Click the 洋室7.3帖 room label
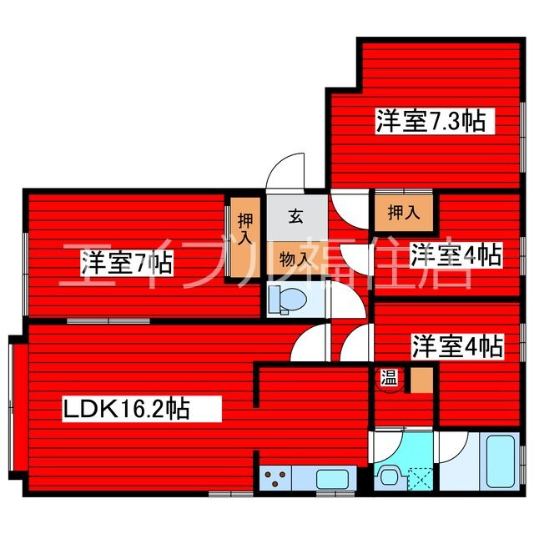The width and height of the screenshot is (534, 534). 431,121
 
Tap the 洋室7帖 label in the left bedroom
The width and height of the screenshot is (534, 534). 127,264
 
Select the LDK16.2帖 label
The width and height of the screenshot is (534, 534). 126,409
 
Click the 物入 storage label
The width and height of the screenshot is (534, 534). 295,259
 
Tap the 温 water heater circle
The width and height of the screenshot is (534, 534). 389,377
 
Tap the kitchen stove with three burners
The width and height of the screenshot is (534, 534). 276,479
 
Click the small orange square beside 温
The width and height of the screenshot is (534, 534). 422,380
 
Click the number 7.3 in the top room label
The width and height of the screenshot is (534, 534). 444,121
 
